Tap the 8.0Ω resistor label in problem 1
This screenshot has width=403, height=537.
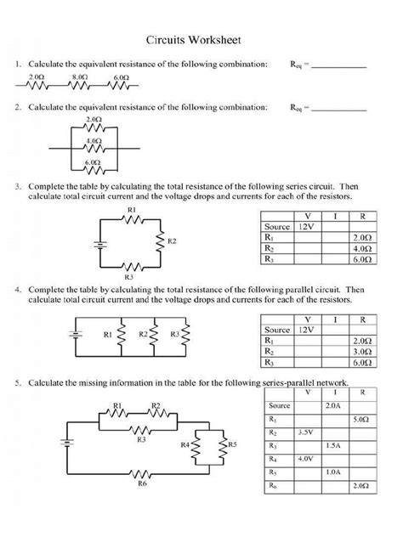80,76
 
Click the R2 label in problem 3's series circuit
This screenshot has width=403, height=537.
172,242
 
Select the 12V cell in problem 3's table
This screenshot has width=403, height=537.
307,228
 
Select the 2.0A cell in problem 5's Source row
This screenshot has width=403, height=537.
332,406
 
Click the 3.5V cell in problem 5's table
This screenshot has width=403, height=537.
306,432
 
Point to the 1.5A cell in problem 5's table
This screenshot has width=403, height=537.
332,445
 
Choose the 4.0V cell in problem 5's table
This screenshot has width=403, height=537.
306,459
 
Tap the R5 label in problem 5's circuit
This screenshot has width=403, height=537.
231,444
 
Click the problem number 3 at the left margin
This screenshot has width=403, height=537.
18,184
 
